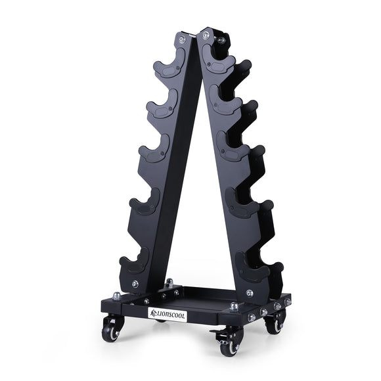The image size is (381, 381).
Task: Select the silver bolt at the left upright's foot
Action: [x=135, y=284]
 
